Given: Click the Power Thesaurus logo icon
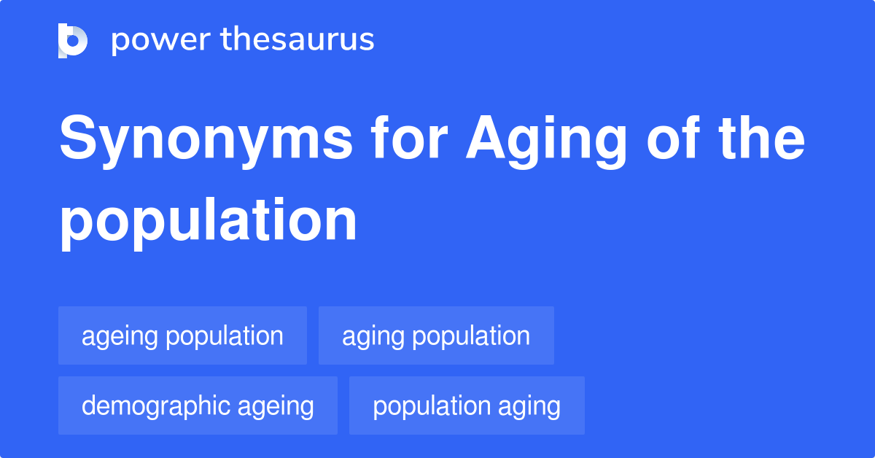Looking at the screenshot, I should [73, 40].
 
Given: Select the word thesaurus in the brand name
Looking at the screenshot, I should [297, 40].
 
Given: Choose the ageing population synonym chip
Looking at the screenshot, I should [182, 335].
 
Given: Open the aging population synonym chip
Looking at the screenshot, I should [436, 335].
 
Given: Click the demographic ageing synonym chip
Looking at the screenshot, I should [198, 405].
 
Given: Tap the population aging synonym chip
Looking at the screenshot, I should [467, 405].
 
